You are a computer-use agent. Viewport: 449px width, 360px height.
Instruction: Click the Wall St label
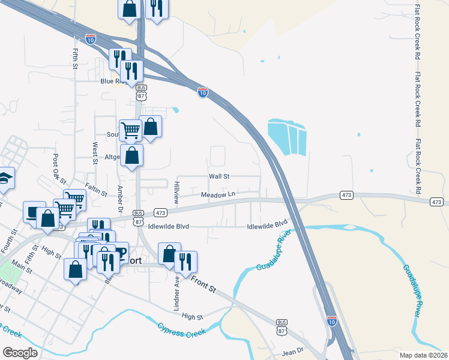click(219, 176)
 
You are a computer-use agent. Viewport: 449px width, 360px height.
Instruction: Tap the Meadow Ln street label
click(217, 194)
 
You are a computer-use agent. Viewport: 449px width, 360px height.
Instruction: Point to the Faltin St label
click(96, 190)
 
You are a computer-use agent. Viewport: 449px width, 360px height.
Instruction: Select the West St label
click(95, 153)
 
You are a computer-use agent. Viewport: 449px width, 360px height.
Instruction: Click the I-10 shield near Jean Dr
click(332, 321)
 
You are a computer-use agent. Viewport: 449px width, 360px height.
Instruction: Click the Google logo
click(20, 353)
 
